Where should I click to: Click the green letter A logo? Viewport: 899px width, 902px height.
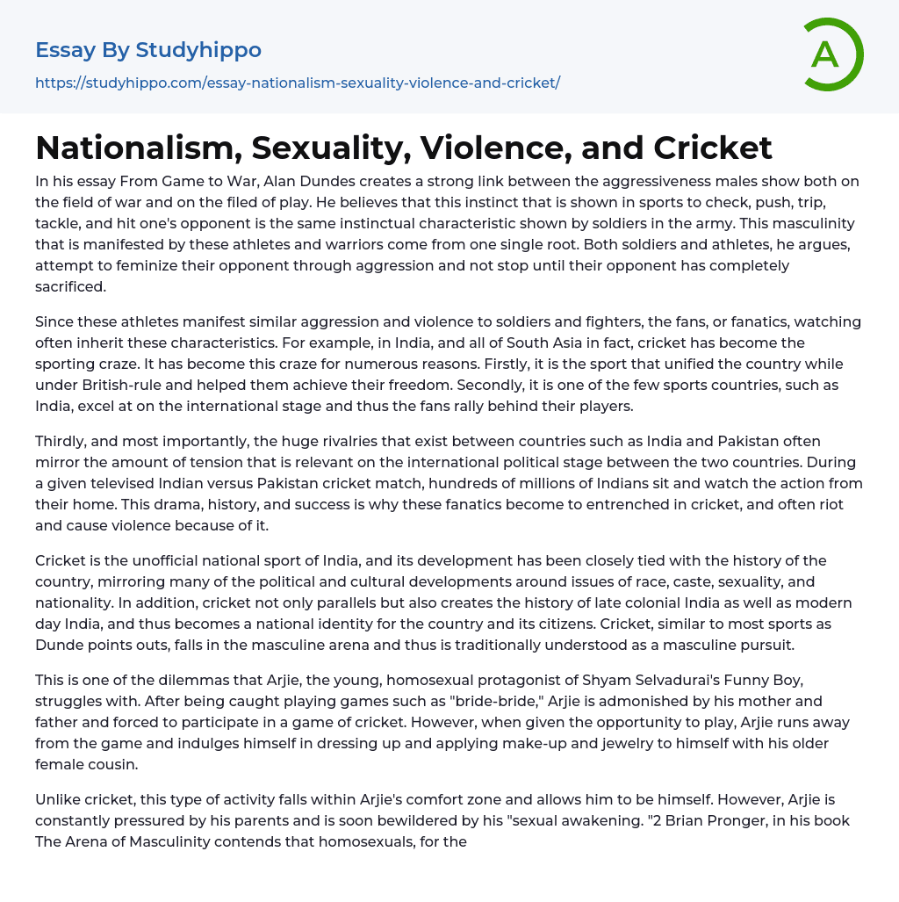831,54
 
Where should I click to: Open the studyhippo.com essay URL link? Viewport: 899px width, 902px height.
298,83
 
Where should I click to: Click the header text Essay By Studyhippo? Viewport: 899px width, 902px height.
148,50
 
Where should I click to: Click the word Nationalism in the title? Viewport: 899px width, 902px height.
137,148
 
